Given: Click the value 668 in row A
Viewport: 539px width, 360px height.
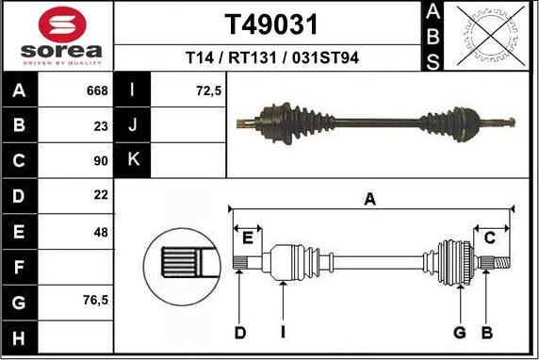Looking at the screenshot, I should point(97,91).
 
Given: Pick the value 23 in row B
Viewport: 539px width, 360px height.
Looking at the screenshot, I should point(101,124).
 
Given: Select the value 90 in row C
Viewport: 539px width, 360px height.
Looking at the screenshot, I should point(101,160).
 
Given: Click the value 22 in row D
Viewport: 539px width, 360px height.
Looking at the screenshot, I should point(101,195).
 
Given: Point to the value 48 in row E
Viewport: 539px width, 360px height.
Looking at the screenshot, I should point(101,230).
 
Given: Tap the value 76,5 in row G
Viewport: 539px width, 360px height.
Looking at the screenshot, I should point(95,301).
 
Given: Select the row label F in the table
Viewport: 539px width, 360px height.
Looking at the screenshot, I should point(21,266).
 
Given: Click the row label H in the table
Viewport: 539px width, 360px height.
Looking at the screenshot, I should point(21,336).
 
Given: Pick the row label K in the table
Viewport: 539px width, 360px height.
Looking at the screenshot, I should point(133,160).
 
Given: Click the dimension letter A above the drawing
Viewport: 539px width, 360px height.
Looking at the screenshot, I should point(370,199).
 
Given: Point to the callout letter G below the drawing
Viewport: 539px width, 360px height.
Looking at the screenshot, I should point(460,332).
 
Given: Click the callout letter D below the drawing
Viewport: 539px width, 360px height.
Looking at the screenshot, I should point(240,332).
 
